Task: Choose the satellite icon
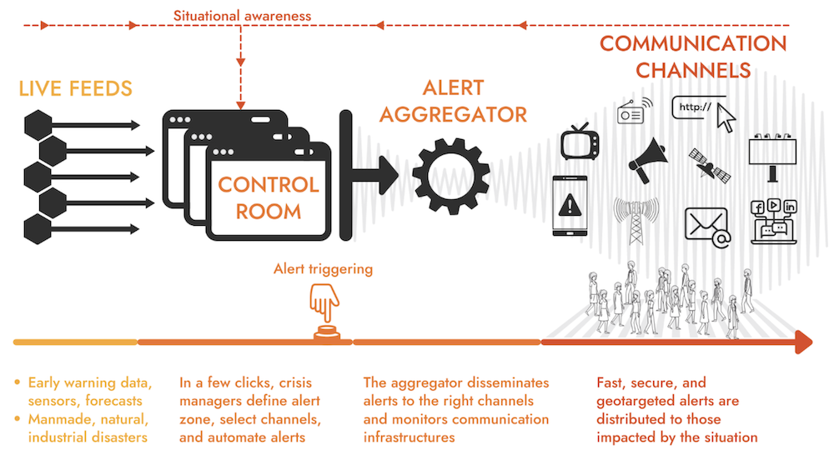710,166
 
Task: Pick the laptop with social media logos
775,221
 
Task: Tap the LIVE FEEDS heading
74,88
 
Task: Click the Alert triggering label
323,269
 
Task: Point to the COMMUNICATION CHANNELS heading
692,56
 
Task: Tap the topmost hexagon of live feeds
38,125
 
